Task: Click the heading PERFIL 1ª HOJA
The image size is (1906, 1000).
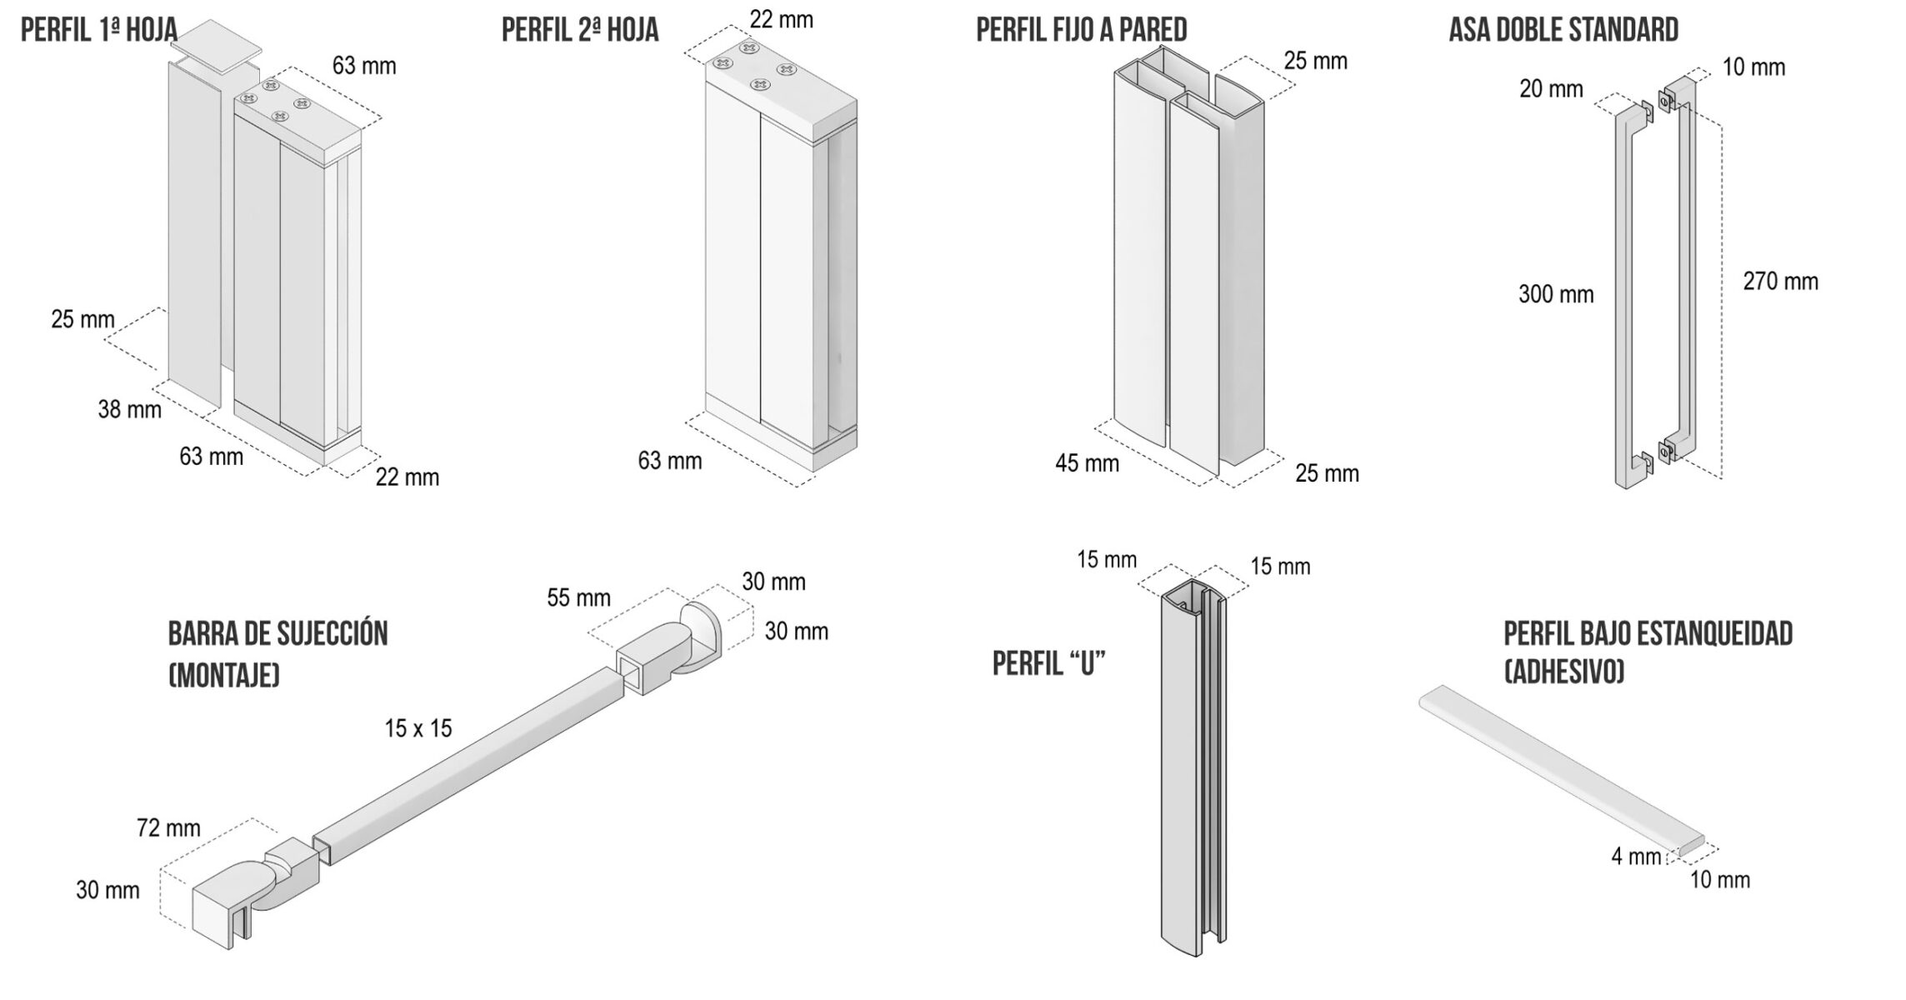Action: pyautogui.click(x=99, y=30)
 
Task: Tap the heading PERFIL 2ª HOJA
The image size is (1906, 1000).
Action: pyautogui.click(x=580, y=30)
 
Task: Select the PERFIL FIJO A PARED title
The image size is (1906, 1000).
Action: pyautogui.click(x=1082, y=30)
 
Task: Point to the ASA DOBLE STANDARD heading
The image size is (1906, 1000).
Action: pyautogui.click(x=1563, y=30)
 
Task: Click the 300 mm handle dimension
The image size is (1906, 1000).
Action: pyautogui.click(x=1556, y=294)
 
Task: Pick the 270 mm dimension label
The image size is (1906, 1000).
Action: pyautogui.click(x=1780, y=282)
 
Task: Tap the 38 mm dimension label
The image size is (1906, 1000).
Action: pyautogui.click(x=129, y=409)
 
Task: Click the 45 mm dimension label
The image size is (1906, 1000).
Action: pyautogui.click(x=1087, y=463)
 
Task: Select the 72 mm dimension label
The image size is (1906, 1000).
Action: pyautogui.click(x=168, y=828)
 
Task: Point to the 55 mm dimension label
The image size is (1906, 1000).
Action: pyautogui.click(x=578, y=598)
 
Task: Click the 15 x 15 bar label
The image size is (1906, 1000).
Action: pyautogui.click(x=418, y=729)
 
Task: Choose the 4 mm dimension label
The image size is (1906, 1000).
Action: pyautogui.click(x=1636, y=857)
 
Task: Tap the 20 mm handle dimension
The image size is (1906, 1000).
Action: pyautogui.click(x=1551, y=89)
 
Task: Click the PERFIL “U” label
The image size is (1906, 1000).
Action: pyautogui.click(x=1049, y=664)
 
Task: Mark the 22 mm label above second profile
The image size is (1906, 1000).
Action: pyautogui.click(x=781, y=20)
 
